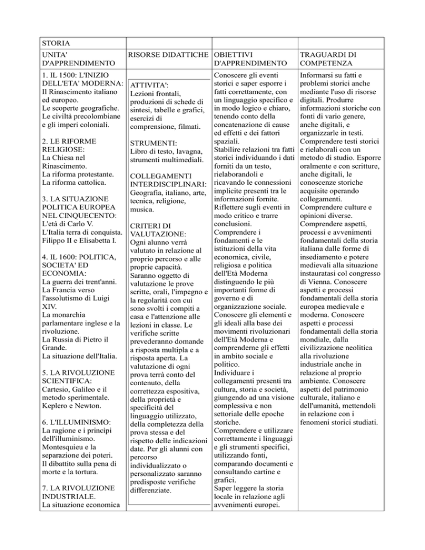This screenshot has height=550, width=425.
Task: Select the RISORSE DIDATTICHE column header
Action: [x=169, y=55]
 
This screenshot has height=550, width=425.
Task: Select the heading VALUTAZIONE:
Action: [x=158, y=234]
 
